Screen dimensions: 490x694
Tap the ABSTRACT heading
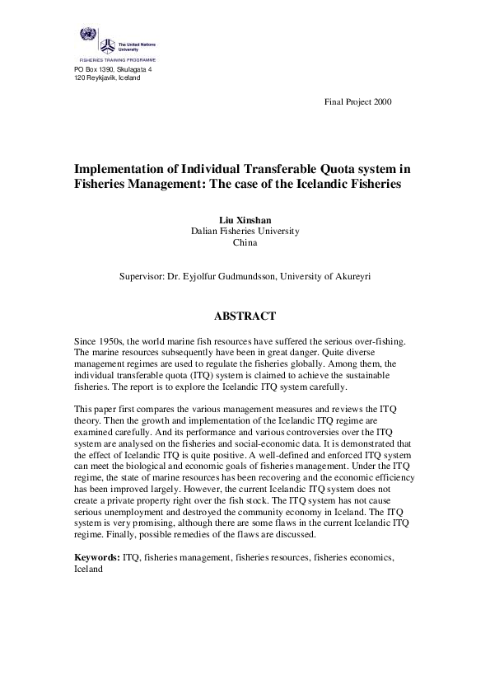(x=245, y=316)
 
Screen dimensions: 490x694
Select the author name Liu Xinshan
(x=245, y=220)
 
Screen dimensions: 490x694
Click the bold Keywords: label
(x=96, y=558)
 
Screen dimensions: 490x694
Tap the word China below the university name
(x=245, y=243)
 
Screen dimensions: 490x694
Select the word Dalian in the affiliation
(x=205, y=232)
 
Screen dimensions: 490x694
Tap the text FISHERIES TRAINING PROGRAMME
(x=116, y=61)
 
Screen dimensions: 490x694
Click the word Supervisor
(x=143, y=278)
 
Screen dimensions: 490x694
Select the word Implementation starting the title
(x=120, y=169)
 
